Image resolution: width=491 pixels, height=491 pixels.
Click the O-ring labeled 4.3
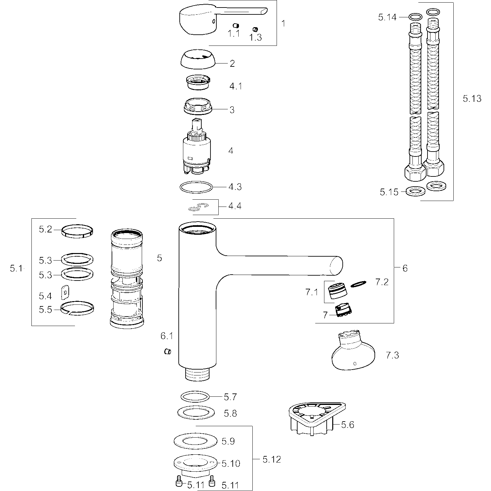(196, 187)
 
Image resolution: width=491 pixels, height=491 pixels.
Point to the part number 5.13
(472, 98)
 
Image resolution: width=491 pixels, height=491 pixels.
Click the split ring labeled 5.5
(77, 308)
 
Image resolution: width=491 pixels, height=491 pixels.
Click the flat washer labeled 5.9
(195, 442)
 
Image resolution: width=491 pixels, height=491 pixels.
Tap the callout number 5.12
(271, 460)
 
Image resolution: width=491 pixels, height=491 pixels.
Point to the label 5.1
(16, 269)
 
